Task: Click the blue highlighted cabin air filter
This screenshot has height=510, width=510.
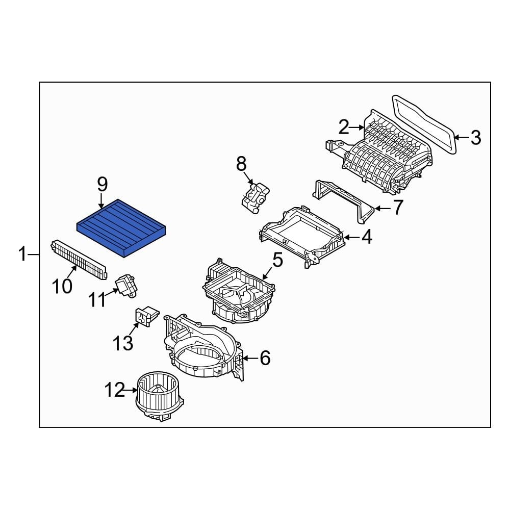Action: click(x=122, y=227)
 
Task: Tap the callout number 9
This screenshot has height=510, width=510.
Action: click(x=102, y=183)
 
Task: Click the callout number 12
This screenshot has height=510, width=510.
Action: click(x=115, y=391)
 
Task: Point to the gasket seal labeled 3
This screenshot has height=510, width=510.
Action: click(x=423, y=122)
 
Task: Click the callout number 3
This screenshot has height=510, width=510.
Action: click(x=475, y=137)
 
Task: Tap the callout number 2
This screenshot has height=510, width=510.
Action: click(x=344, y=126)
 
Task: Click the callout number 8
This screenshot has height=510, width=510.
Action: click(x=241, y=164)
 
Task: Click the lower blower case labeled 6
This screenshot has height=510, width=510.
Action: click(x=204, y=352)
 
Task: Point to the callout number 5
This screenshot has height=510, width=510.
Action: click(x=277, y=260)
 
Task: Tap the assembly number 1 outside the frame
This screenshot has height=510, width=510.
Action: click(x=22, y=254)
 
